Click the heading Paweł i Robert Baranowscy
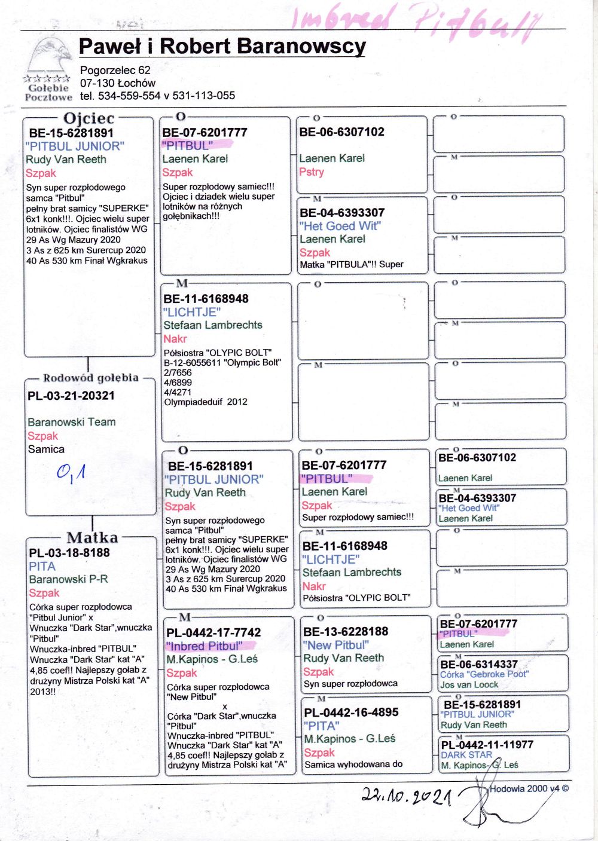click(222, 47)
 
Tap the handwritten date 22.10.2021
click(406, 796)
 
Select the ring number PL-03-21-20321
click(71, 396)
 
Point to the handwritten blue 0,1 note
click(71, 473)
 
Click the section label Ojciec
click(89, 118)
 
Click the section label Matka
click(92, 537)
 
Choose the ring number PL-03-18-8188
click(69, 553)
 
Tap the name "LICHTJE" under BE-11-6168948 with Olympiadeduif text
click(192, 312)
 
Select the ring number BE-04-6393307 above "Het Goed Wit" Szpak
click(342, 213)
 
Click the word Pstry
click(312, 172)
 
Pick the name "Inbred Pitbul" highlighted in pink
click(205, 646)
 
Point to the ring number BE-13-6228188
click(346, 632)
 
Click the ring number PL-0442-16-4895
click(351, 712)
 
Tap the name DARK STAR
click(466, 755)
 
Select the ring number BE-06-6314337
click(479, 665)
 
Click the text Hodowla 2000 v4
click(525, 789)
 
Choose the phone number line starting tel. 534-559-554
click(157, 96)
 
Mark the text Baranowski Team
click(72, 422)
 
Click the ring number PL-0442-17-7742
click(213, 632)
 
